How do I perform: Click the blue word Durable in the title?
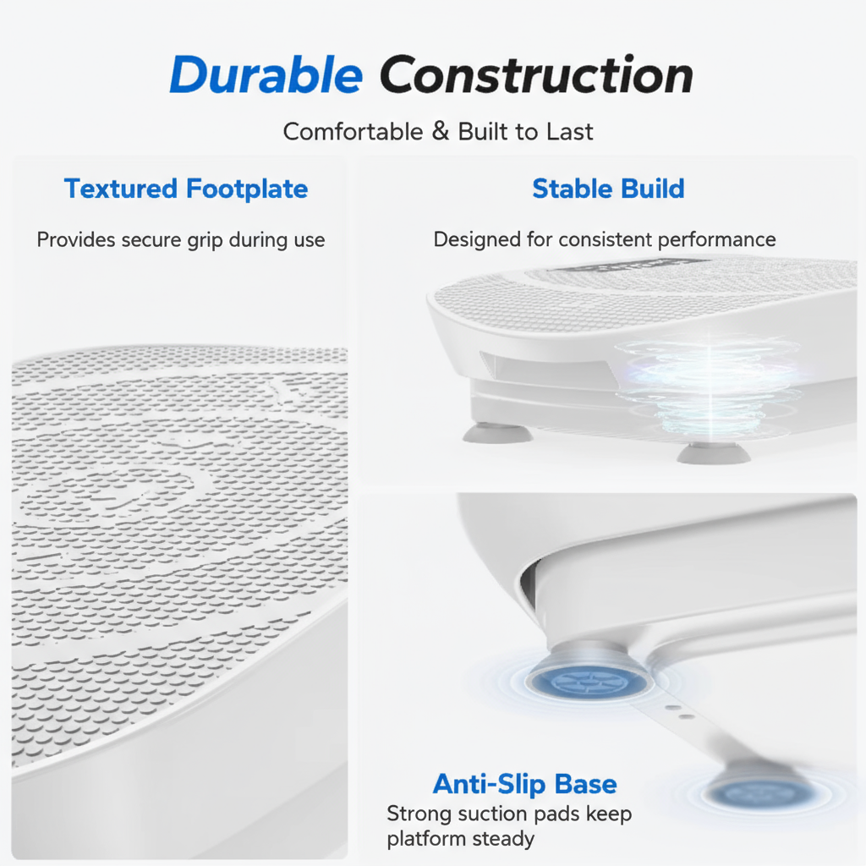click(x=266, y=76)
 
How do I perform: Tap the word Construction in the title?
click(x=536, y=76)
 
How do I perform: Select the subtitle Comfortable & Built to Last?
click(x=438, y=132)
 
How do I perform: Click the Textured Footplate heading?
click(x=186, y=189)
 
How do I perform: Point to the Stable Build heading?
click(x=608, y=189)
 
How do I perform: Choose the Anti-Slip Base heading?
click(x=524, y=784)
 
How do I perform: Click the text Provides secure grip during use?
click(x=181, y=240)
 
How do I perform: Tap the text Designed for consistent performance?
click(x=604, y=240)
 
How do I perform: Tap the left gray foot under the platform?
click(x=497, y=433)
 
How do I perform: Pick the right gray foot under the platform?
click(x=713, y=452)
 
